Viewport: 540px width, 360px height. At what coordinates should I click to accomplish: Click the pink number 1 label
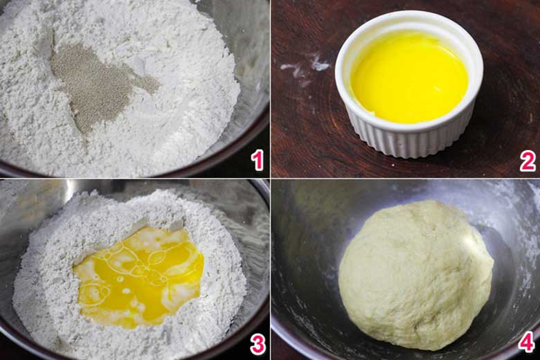[258, 160]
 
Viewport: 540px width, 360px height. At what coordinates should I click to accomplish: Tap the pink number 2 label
[528, 160]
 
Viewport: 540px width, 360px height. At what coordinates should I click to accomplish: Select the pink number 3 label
[258, 343]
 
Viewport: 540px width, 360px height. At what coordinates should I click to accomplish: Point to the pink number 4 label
[527, 341]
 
